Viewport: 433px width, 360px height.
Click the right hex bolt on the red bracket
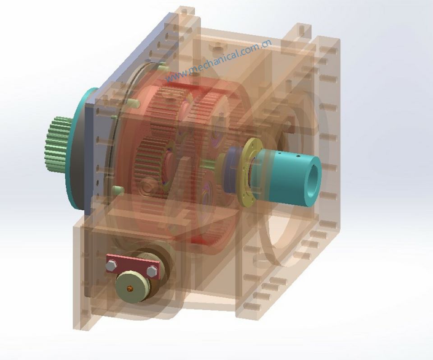pyautogui.click(x=152, y=271)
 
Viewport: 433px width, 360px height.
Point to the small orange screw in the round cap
pyautogui.click(x=131, y=288)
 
